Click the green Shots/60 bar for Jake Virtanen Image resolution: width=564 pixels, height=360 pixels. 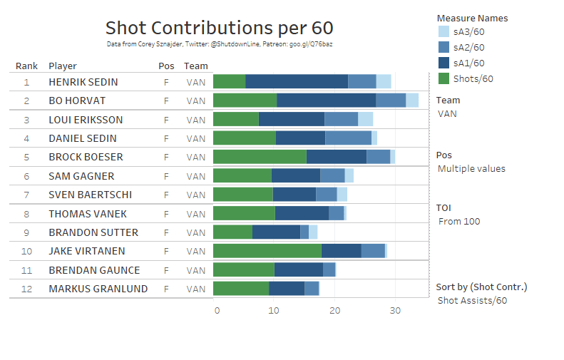point(267,251)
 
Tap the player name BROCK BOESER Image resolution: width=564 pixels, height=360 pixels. point(86,157)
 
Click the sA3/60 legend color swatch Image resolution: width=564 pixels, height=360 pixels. point(443,32)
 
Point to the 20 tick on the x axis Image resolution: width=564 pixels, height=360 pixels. point(334,311)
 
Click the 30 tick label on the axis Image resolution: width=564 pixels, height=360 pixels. point(395,311)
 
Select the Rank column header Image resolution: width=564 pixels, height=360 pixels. point(26,66)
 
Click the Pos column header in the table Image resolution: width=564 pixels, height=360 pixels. point(165,66)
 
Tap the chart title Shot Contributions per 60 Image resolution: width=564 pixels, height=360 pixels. point(219,28)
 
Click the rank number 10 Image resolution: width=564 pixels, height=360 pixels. point(26,251)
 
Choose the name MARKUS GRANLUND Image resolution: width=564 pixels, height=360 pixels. point(98,289)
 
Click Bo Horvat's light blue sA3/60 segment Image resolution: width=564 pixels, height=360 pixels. point(412,101)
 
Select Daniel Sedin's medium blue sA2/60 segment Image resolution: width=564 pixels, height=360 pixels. point(349,138)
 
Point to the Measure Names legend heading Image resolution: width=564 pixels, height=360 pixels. point(472,18)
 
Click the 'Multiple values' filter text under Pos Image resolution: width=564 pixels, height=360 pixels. point(471,169)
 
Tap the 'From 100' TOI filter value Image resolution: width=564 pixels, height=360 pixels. point(459,221)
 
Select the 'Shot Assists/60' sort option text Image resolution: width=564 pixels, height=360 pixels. point(472,301)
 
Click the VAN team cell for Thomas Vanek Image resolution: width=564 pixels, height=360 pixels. point(195,213)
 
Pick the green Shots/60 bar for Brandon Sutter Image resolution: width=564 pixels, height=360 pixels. point(232,232)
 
